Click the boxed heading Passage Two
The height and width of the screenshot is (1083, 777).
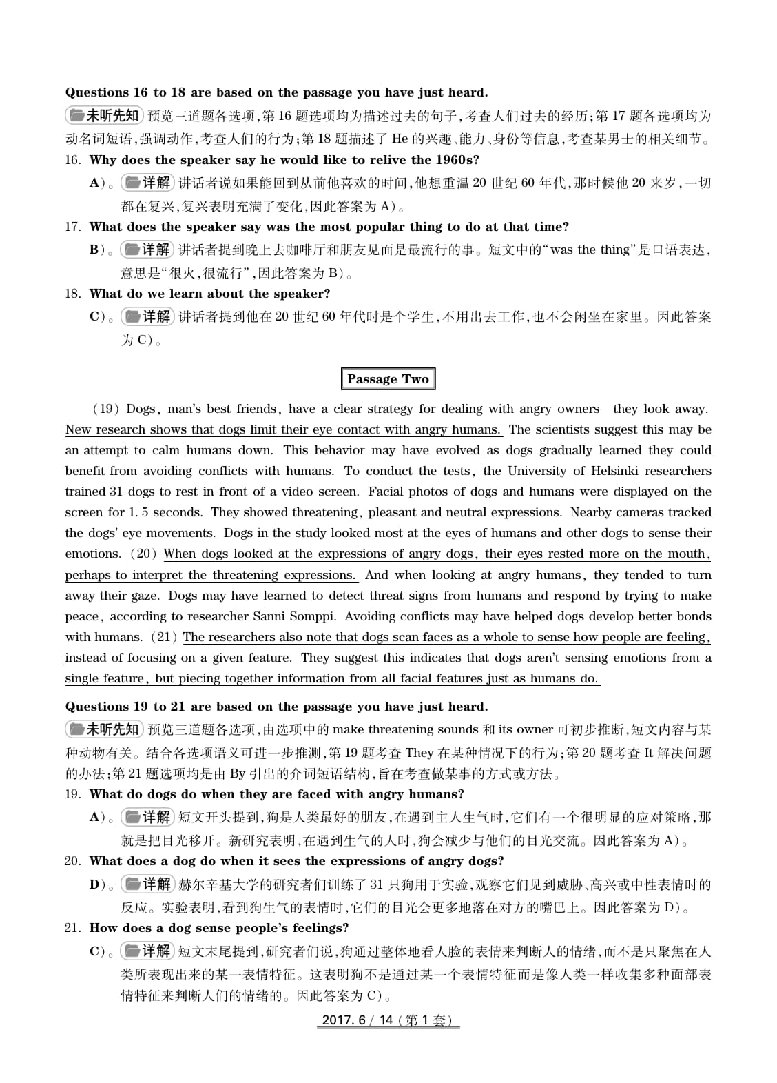pos(388,379)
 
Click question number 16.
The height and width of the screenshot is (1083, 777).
pos(72,160)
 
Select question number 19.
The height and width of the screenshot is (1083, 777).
pos(72,794)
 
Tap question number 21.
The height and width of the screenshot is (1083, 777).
pos(72,928)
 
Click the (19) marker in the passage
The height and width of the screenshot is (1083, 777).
pos(106,409)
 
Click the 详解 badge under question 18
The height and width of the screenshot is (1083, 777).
pos(147,317)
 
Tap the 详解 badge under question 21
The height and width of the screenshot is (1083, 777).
pos(147,951)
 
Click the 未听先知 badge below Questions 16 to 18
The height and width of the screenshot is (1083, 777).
pos(103,115)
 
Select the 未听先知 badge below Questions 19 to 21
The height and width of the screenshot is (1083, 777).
pos(103,729)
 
